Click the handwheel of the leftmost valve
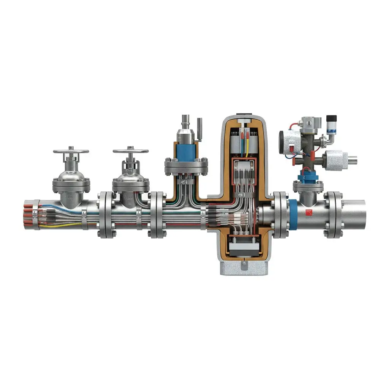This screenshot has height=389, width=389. tap(71, 151)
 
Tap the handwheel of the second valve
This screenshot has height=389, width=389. tap(130, 151)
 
